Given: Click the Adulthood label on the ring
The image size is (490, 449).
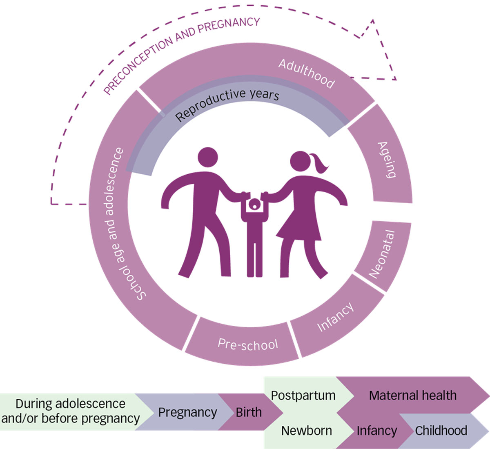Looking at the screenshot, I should click(306, 74).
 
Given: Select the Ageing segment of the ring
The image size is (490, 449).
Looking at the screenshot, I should click(386, 160).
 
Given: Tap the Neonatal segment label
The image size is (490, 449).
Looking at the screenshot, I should click(382, 254).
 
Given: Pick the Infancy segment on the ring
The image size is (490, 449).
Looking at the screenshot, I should click(335, 317).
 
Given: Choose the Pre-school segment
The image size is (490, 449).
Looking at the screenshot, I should click(247, 344).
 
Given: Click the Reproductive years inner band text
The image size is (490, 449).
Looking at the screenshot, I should click(227, 105).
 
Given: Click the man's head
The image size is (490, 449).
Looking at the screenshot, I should click(208, 158).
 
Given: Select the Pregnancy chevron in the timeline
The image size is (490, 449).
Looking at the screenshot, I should click(187, 412).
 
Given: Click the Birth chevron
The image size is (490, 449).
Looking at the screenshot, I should click(249, 412).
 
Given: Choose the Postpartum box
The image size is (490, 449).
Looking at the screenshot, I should click(303, 396).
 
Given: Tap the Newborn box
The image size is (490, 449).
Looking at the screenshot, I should click(306, 431).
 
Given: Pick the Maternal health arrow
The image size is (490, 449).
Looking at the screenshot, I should click(412, 396).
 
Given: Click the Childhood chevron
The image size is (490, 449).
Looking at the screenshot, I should click(441, 431).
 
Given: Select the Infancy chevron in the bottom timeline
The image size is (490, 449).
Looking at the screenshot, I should click(376, 431).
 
